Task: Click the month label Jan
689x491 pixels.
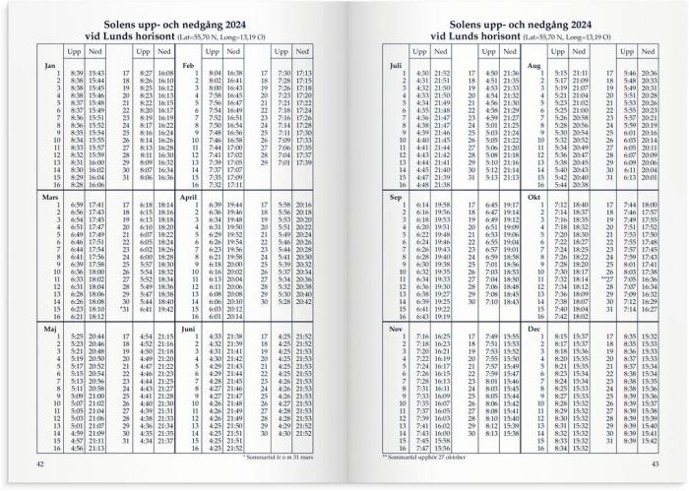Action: [49, 65]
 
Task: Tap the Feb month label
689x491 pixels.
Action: [187, 65]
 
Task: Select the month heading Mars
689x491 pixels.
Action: [51, 197]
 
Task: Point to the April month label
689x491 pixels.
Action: [191, 197]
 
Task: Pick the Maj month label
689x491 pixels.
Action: [49, 329]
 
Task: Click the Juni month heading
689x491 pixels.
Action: [189, 329]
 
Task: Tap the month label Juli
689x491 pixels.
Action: [397, 65]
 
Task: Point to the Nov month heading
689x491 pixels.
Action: [397, 329]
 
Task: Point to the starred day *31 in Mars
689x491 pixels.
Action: [124, 309]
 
